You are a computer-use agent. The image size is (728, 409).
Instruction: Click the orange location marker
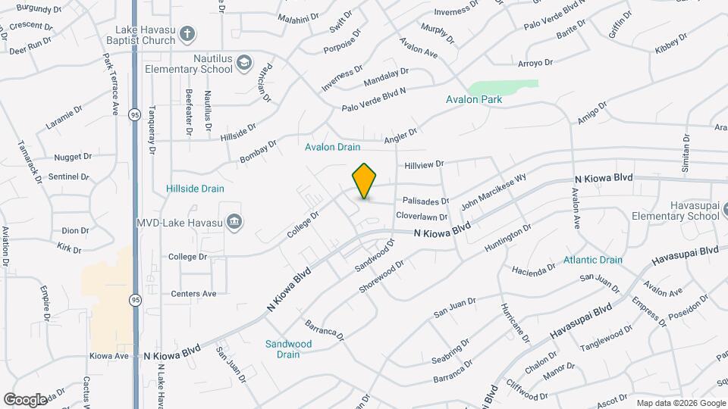(365, 181)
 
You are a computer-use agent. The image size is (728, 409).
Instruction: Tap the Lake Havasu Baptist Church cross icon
(188, 34)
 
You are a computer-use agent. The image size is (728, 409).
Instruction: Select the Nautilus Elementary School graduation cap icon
(243, 62)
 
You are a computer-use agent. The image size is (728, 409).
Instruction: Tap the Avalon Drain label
(332, 147)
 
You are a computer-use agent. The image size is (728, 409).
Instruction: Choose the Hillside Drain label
(196, 188)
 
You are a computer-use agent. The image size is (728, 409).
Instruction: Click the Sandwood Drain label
(288, 348)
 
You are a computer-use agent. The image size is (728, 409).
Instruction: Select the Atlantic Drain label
(592, 260)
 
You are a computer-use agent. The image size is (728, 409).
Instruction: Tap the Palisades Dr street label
(425, 201)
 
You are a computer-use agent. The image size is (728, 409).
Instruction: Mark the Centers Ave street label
(193, 294)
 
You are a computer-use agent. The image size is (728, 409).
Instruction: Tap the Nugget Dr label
(73, 157)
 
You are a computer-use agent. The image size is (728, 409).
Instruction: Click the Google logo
(25, 399)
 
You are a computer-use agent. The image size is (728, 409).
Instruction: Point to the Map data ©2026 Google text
(680, 403)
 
